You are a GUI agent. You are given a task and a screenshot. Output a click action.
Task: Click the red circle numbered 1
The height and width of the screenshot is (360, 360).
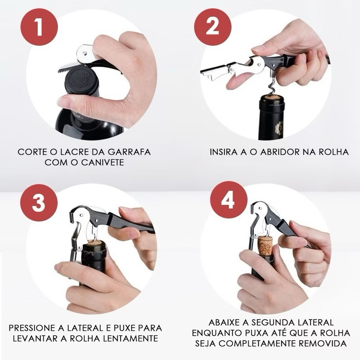(x=39, y=27)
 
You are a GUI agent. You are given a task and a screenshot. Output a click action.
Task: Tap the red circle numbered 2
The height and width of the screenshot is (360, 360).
(x=212, y=27)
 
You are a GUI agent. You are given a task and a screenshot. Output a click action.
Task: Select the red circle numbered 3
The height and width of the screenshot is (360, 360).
(x=39, y=202)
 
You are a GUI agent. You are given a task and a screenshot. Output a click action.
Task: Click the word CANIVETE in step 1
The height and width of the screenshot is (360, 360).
(x=103, y=162)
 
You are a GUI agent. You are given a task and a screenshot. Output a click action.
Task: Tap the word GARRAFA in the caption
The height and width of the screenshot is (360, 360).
(x=129, y=152)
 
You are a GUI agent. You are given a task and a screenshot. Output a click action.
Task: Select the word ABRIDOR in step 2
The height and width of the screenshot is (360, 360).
(x=280, y=152)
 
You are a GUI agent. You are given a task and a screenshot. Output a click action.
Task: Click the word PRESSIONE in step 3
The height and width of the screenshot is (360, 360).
(x=32, y=328)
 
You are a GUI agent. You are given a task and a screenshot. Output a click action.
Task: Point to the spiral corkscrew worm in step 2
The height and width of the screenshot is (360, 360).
(x=272, y=86)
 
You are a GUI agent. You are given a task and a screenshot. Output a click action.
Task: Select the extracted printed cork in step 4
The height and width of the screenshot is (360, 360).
(x=265, y=245)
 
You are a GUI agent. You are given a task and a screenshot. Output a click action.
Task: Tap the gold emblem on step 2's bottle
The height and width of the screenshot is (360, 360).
(x=279, y=127)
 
